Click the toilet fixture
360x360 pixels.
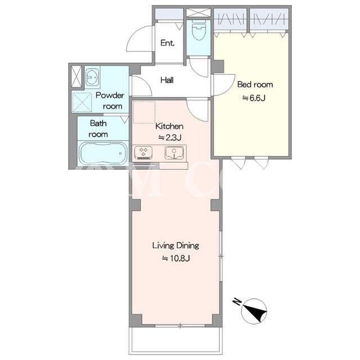(199, 30)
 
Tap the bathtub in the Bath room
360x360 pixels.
(103, 153)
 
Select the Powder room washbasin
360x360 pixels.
(92, 77)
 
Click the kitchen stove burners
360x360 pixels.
(143, 152)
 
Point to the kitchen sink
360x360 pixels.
(174, 152)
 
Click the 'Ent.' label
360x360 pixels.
(168, 43)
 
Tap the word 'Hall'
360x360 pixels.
(167, 80)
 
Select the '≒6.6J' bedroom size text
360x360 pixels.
(254, 98)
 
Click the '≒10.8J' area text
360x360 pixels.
(176, 259)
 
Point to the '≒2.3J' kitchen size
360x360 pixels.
(170, 137)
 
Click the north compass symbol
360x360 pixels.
(254, 310)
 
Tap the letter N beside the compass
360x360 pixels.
(237, 301)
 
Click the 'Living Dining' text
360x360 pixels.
(175, 246)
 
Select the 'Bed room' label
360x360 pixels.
(255, 84)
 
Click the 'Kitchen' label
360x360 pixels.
(169, 126)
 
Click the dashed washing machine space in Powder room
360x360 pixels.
(82, 102)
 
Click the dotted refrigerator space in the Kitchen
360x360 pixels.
(144, 112)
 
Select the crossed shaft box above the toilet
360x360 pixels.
(199, 12)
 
